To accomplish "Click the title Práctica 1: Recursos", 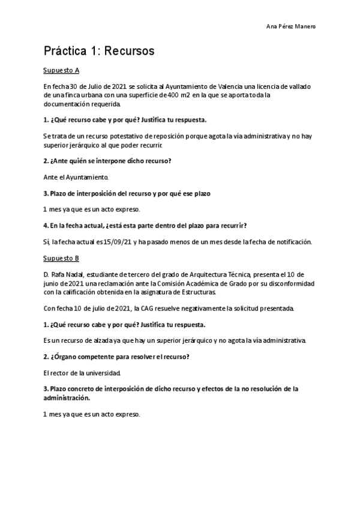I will pos(99,52).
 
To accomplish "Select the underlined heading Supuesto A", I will pos(62,70).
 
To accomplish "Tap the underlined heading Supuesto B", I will pos(62,258).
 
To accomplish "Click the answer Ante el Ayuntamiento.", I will pos(76,178).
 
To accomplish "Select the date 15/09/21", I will pos(121,242).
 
